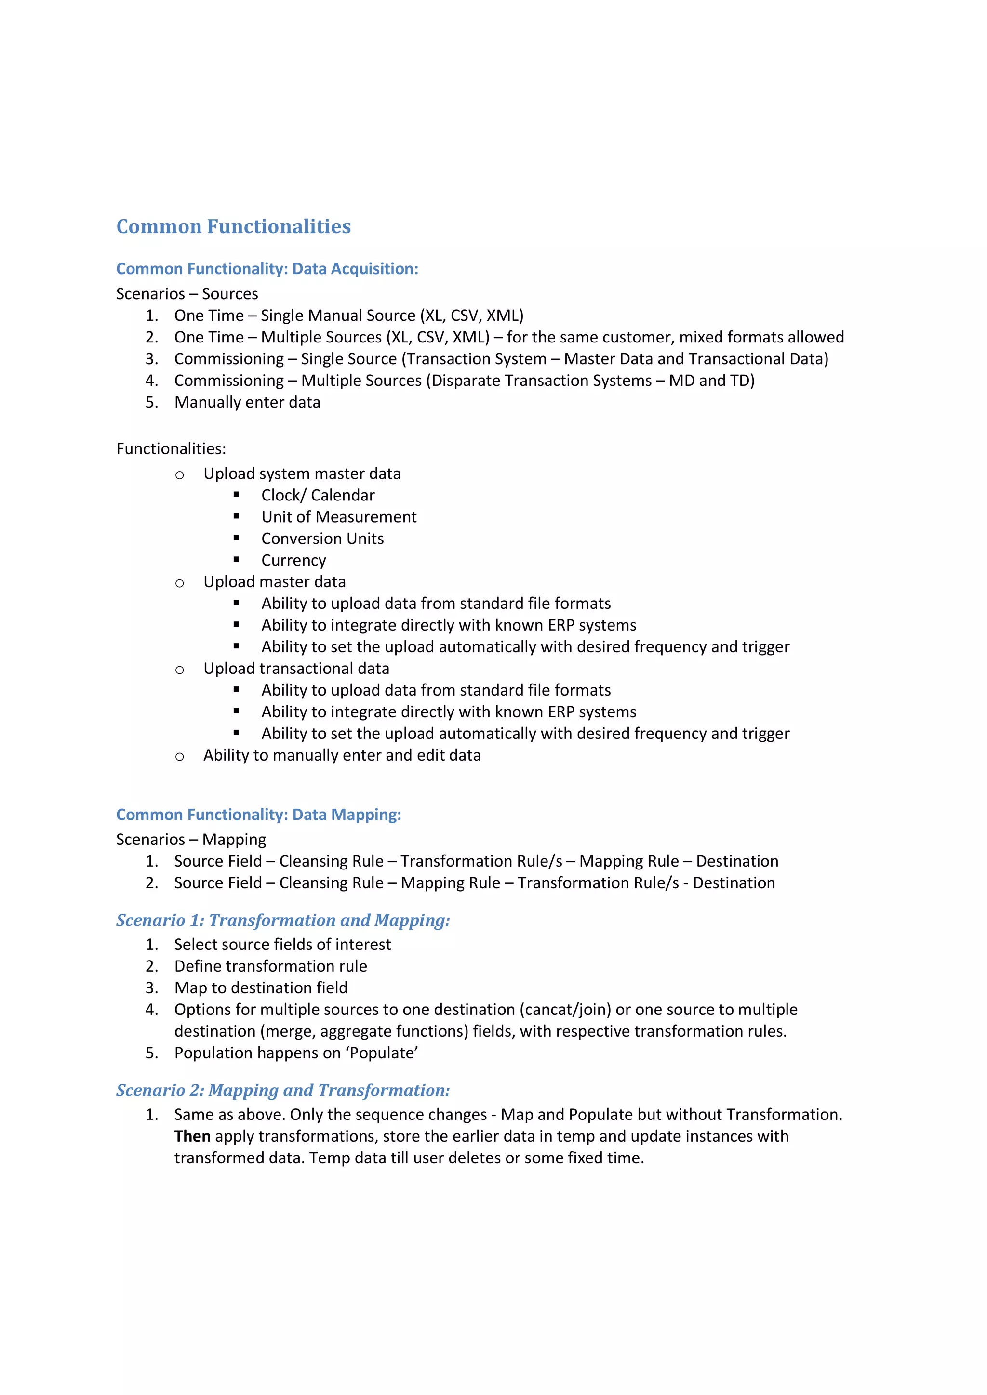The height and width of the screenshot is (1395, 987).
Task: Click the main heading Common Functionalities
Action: (233, 226)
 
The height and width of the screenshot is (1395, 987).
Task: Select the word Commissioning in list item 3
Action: (228, 359)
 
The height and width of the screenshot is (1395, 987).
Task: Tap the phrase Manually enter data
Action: (247, 402)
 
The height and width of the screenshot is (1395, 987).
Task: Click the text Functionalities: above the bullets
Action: (171, 449)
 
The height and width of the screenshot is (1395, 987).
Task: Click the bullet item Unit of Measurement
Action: (338, 517)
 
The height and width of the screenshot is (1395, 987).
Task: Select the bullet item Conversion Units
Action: (322, 539)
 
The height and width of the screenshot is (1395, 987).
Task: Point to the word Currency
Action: (293, 560)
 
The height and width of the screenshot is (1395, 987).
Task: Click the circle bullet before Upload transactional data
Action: (179, 670)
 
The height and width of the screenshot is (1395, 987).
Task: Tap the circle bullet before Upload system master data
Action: (179, 474)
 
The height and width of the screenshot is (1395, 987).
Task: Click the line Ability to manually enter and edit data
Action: (342, 755)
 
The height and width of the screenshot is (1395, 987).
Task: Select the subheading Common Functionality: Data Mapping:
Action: (258, 815)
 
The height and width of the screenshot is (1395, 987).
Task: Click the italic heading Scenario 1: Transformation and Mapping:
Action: (282, 921)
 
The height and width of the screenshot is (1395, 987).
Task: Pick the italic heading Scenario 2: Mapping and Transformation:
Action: (282, 1091)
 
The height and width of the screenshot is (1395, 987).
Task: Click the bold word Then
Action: (192, 1136)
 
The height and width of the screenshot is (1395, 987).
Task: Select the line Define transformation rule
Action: (270, 966)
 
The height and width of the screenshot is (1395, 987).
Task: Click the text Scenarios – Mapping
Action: (191, 840)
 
